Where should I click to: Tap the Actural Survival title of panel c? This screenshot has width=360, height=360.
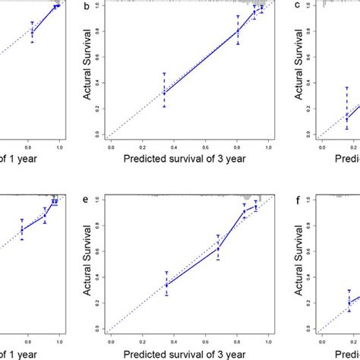(x=292, y=71)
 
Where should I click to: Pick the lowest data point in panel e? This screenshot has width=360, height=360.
(x=166, y=286)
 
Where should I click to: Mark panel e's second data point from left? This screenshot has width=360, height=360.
(x=218, y=248)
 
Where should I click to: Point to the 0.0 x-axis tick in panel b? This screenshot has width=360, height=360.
(x=112, y=144)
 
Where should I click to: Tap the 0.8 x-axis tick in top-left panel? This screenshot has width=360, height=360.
(x=30, y=144)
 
